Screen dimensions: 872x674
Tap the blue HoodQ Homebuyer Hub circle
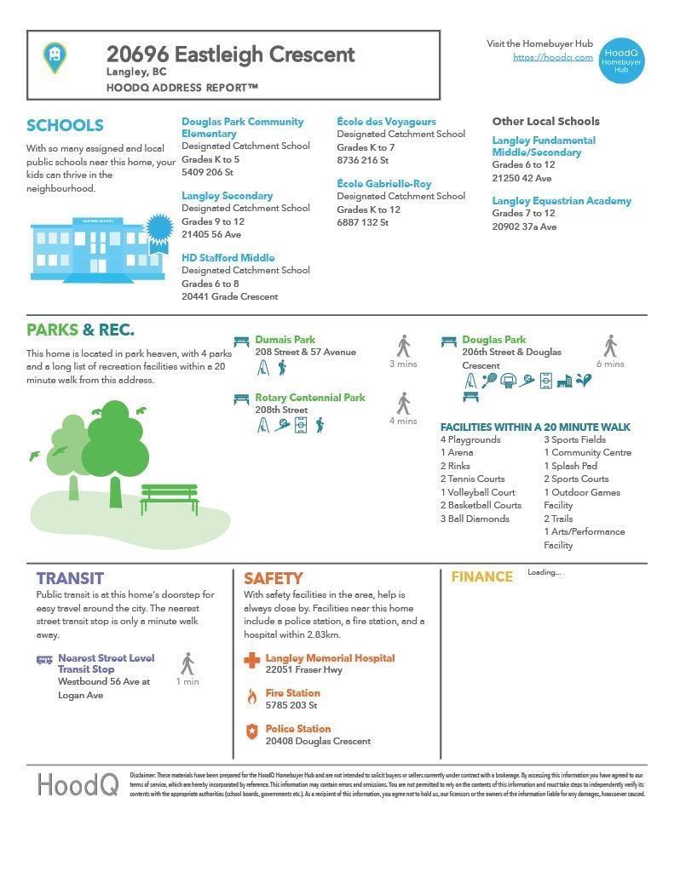pyautogui.click(x=621, y=60)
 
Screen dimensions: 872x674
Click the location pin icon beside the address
pyautogui.click(x=55, y=57)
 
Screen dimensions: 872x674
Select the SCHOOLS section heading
pyautogui.click(x=65, y=126)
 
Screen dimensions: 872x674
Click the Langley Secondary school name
pyautogui.click(x=227, y=196)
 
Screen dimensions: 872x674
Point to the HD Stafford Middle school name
pyautogui.click(x=228, y=258)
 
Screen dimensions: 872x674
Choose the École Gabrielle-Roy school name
pyautogui.click(x=383, y=184)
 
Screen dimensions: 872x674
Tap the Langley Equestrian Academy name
pyautogui.click(x=562, y=201)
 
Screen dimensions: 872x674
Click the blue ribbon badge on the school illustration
pyautogui.click(x=158, y=231)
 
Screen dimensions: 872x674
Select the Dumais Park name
pyautogui.click(x=285, y=340)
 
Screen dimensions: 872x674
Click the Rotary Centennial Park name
pyautogui.click(x=309, y=398)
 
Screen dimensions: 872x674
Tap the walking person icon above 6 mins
pyautogui.click(x=610, y=346)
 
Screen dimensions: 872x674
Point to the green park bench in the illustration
pyautogui.click(x=170, y=498)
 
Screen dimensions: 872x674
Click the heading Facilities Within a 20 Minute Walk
pyautogui.click(x=535, y=427)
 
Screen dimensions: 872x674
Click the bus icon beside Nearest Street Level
pyautogui.click(x=44, y=660)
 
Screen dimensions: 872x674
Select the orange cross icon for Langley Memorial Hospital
pyautogui.click(x=251, y=660)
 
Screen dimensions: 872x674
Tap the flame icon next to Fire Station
pyautogui.click(x=251, y=697)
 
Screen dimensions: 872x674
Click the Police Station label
pyautogui.click(x=297, y=729)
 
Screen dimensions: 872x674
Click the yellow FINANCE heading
pyautogui.click(x=481, y=577)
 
